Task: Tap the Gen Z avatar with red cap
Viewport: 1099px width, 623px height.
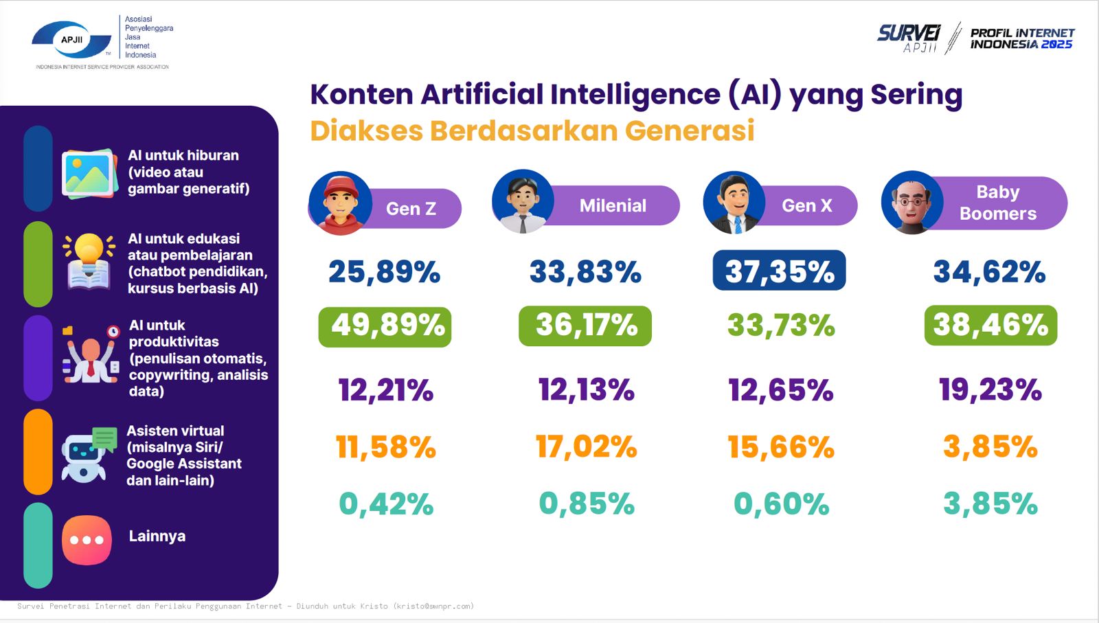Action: (340, 203)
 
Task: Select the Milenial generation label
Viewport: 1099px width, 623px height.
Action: (613, 205)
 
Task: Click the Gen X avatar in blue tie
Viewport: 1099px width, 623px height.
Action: (734, 203)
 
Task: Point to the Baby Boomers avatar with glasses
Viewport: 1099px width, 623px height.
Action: (912, 203)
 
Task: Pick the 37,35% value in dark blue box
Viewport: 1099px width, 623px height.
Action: (779, 271)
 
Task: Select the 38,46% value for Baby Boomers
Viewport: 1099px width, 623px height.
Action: (990, 325)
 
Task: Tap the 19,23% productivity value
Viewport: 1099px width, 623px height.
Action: (990, 389)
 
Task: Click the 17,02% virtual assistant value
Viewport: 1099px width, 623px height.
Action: (586, 447)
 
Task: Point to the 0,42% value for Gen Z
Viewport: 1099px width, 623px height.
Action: (386, 504)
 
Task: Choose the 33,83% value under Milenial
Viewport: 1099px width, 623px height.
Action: (585, 272)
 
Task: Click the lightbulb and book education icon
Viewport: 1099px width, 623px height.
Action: (89, 262)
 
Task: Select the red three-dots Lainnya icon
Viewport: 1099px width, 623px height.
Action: (87, 540)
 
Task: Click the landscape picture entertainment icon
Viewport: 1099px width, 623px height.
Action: (89, 174)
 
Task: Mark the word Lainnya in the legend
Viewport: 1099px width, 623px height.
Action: (157, 536)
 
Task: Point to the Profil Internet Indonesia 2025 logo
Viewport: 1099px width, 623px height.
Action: (1021, 38)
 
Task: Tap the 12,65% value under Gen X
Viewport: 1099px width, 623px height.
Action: (780, 389)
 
